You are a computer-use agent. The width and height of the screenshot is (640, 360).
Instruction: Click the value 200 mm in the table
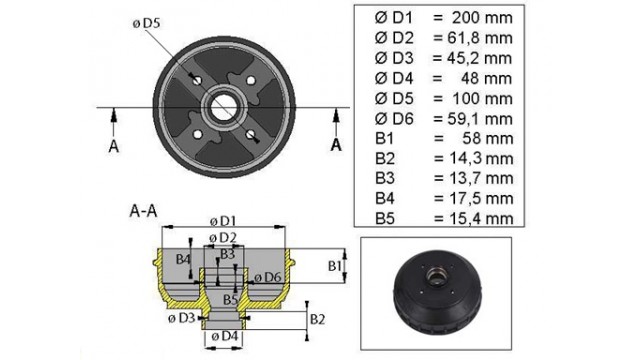pos(482,18)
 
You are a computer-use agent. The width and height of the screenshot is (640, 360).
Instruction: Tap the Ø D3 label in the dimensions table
pos(394,58)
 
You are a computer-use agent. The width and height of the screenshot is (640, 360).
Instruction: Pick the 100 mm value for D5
pos(482,98)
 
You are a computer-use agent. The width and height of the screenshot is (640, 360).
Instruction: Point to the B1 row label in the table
pos(384,139)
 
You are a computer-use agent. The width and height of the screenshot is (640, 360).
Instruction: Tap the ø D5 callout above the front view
pos(147,24)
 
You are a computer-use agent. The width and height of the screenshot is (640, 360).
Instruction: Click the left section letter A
pos(114,146)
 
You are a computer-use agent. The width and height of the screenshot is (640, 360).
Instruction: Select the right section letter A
pos(336,144)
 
